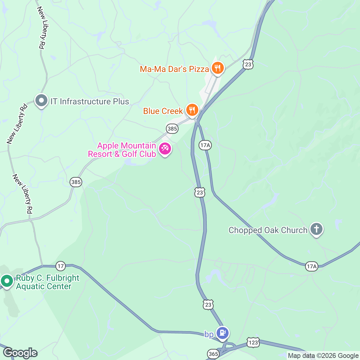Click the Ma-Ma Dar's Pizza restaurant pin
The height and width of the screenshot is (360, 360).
(x=217, y=68)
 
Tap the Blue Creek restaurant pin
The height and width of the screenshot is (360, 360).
(x=192, y=110)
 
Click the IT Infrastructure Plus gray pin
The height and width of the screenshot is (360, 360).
(x=41, y=100)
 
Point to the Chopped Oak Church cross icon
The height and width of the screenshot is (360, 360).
(x=316, y=229)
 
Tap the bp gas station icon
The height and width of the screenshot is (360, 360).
(x=223, y=333)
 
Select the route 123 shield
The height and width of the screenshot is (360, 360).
(x=253, y=342)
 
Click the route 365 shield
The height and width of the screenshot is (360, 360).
(x=213, y=354)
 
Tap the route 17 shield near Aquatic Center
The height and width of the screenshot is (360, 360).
(x=61, y=266)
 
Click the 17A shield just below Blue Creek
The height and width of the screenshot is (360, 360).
(x=205, y=145)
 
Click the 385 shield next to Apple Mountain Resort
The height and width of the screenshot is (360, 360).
(x=172, y=129)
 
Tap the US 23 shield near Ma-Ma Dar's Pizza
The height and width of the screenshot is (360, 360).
(x=248, y=64)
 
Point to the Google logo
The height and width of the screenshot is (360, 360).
(x=20, y=353)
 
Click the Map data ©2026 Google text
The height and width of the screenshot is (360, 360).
(x=323, y=356)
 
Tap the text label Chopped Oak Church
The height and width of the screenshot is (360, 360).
(x=268, y=230)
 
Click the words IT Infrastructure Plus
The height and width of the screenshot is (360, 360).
(x=90, y=101)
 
